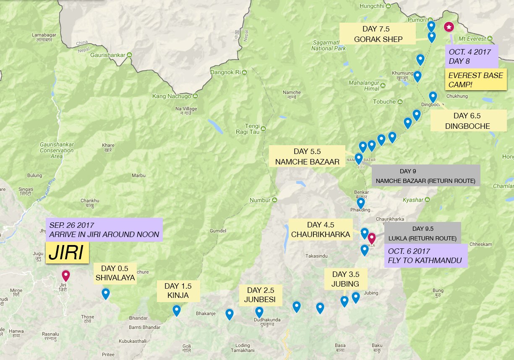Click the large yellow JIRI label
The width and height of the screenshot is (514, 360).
[x=67, y=253]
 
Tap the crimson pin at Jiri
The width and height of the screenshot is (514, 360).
[x=65, y=276]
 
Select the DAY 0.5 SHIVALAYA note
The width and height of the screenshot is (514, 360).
[x=115, y=273]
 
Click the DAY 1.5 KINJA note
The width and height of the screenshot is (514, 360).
[x=178, y=291]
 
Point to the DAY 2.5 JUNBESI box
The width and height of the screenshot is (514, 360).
[x=260, y=295]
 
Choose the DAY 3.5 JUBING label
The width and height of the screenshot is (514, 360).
[x=345, y=279]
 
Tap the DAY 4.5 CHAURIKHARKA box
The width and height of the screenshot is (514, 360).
[x=320, y=230]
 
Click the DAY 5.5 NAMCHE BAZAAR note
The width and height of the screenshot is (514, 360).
[x=307, y=156]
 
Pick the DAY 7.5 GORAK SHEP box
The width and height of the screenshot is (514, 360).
[x=377, y=34]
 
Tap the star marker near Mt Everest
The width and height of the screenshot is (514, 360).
[x=449, y=27]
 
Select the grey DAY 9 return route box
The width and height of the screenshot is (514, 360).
[x=425, y=176]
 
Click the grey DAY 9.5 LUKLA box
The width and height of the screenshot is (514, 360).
[x=423, y=233]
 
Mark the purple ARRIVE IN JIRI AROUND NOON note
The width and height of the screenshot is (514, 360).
[x=104, y=230]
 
